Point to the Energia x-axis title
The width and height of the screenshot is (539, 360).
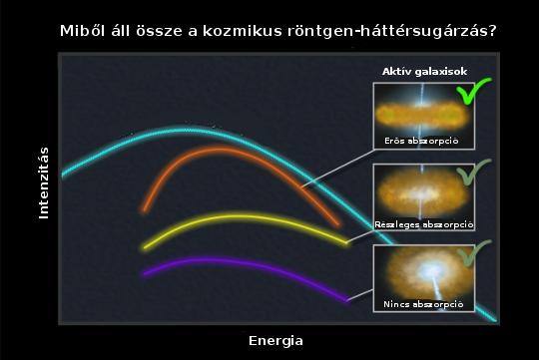pos(275,341)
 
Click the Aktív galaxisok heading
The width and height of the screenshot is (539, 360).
pos(424,72)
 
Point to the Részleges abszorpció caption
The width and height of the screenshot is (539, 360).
pos(423,223)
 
